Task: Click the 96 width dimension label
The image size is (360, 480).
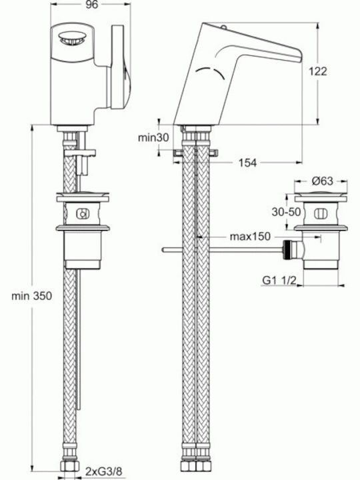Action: (91, 5)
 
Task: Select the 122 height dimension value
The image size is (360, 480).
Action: (318, 71)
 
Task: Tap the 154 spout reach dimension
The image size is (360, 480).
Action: (247, 163)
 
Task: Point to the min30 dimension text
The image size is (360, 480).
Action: (153, 137)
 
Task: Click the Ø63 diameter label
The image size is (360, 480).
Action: (322, 181)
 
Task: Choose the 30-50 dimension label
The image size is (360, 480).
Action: (286, 211)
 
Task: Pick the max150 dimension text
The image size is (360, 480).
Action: (250, 236)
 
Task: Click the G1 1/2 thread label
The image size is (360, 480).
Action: (279, 280)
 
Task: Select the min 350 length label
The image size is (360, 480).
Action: (31, 296)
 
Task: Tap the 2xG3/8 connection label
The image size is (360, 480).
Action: (104, 471)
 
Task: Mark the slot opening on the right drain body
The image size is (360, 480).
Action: (321, 213)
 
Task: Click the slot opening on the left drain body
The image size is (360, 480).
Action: (83, 214)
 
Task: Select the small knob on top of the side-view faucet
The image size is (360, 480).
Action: (223, 28)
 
